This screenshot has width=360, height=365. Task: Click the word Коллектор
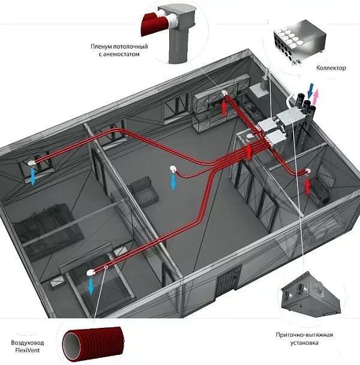pyautogui.click(x=331, y=68)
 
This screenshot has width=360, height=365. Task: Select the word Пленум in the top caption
pyautogui.click(x=104, y=46)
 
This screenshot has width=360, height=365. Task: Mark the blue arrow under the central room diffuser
pyautogui.click(x=173, y=182)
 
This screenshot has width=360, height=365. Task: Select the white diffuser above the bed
pyautogui.click(x=89, y=272)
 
